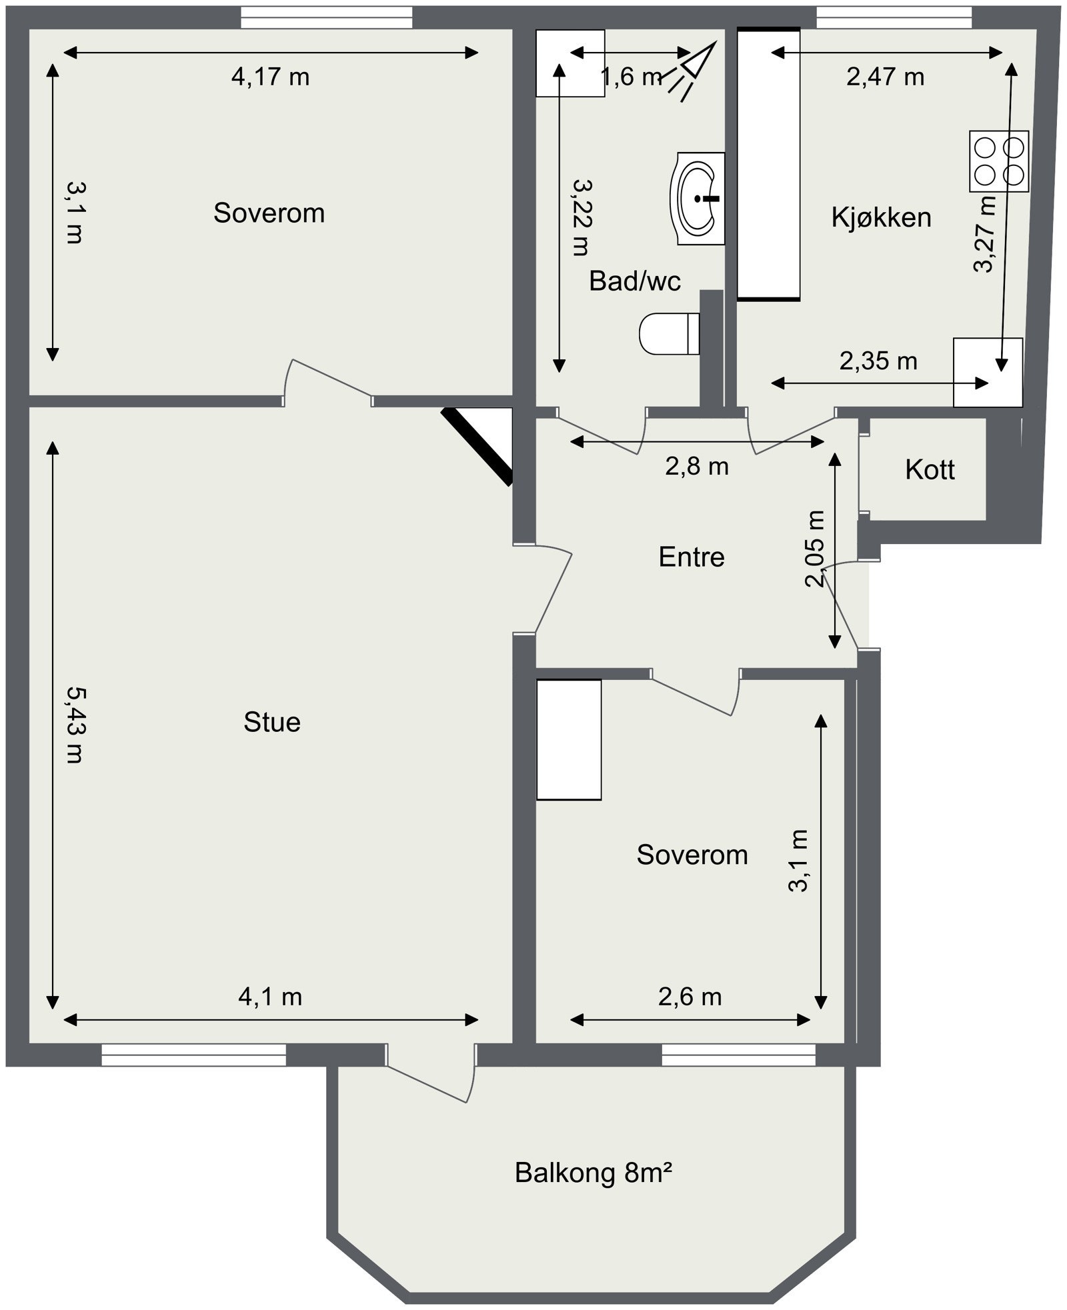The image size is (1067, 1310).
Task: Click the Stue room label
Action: pyautogui.click(x=272, y=722)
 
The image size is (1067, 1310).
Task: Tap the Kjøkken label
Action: pyautogui.click(x=881, y=217)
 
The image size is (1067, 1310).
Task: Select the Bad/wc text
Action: pyautogui.click(x=635, y=281)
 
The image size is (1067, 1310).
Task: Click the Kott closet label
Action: pyautogui.click(x=930, y=470)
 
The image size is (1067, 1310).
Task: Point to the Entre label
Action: pyautogui.click(x=692, y=557)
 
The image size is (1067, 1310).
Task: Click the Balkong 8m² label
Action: pyautogui.click(x=593, y=1172)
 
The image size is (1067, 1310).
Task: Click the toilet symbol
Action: pyautogui.click(x=670, y=333)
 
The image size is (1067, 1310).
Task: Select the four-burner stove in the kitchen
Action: pyautogui.click(x=999, y=161)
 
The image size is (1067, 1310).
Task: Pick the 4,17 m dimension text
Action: pyautogui.click(x=270, y=77)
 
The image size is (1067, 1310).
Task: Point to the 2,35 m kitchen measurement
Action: pyautogui.click(x=878, y=361)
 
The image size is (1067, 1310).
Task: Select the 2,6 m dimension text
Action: pyautogui.click(x=690, y=997)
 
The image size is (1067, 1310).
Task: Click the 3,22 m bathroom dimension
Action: pyautogui.click(x=582, y=217)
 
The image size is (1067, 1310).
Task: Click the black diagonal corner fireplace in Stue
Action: pyautogui.click(x=477, y=445)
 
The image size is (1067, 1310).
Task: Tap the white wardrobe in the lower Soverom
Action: pyautogui.click(x=569, y=739)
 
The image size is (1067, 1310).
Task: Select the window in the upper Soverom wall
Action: pyautogui.click(x=327, y=17)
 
